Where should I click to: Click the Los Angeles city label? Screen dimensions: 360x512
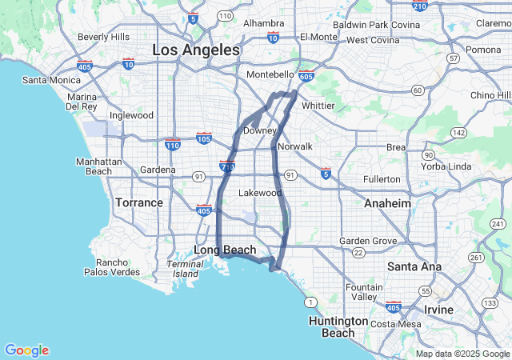(x=196, y=50)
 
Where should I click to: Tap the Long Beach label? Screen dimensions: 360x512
(x=225, y=250)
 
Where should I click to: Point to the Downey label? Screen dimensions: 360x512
(x=260, y=130)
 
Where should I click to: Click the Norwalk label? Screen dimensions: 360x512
(x=294, y=146)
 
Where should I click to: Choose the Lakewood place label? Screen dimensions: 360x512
(x=261, y=193)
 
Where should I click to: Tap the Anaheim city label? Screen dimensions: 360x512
(x=387, y=203)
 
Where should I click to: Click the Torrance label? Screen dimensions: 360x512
(x=139, y=202)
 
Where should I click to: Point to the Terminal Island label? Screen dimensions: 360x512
(x=185, y=269)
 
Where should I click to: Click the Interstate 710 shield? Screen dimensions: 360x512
(x=226, y=166)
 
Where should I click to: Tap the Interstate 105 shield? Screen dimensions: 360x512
(x=204, y=138)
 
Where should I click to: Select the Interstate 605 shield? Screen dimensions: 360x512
(x=307, y=74)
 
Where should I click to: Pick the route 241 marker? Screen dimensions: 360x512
(x=498, y=223)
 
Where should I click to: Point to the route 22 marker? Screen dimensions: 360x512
(x=359, y=252)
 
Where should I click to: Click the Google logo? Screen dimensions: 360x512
(x=26, y=350)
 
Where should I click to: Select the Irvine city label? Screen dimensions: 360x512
(x=438, y=309)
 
